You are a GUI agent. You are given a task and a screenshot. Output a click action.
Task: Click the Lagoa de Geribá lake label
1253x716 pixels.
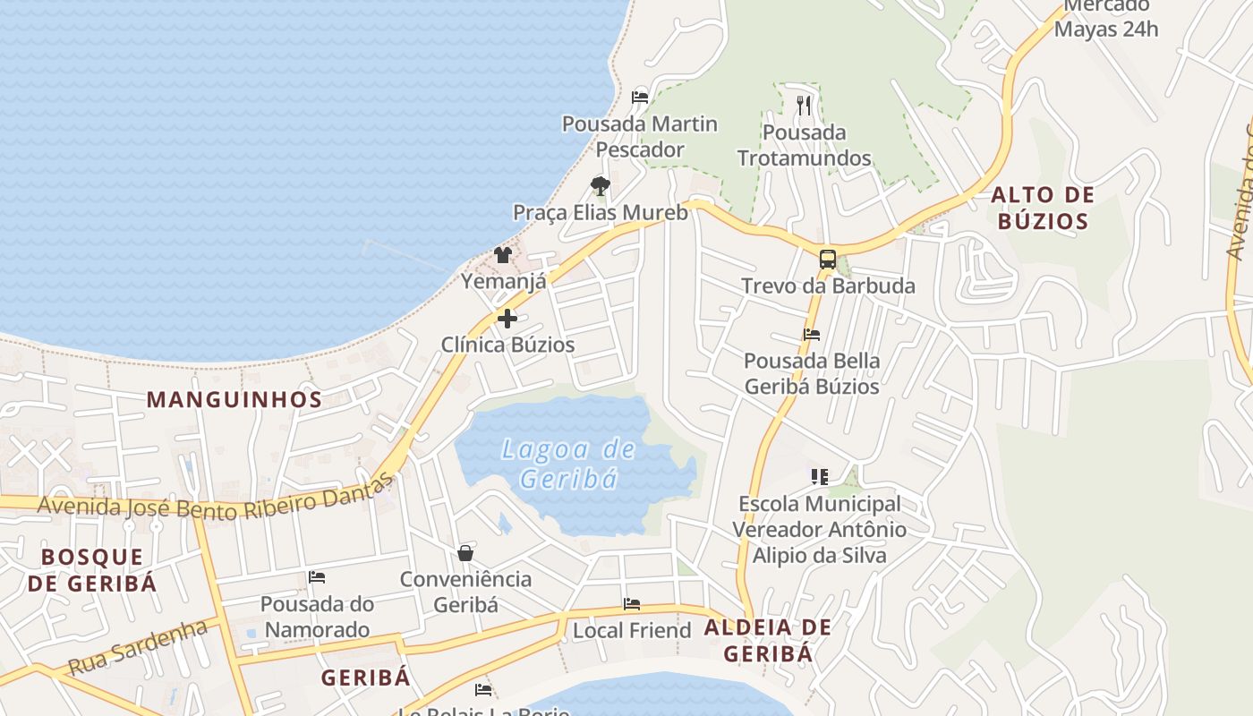(x=568, y=464)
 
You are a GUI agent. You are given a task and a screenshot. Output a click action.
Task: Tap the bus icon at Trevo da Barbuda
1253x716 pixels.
(x=828, y=260)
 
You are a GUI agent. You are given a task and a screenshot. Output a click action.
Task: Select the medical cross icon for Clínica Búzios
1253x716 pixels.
(x=507, y=319)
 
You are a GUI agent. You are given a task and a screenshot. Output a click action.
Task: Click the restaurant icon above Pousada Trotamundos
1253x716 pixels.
(x=804, y=106)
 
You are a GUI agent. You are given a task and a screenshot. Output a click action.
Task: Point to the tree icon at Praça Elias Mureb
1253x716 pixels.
(x=600, y=186)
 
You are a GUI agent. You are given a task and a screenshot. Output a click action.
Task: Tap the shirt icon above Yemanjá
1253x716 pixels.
(x=503, y=255)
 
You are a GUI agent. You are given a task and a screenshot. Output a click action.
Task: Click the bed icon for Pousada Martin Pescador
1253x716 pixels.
(x=640, y=97)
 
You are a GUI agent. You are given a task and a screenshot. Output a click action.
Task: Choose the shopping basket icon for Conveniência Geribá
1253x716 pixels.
(x=465, y=553)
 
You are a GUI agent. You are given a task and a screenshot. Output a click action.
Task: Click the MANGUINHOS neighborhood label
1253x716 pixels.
(x=234, y=400)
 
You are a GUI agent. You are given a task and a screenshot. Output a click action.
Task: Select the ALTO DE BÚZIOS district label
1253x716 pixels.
(x=1043, y=208)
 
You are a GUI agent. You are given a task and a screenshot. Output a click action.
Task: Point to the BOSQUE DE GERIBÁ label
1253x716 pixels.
(x=92, y=570)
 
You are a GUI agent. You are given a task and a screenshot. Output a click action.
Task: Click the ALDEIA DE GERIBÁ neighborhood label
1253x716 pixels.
(x=768, y=640)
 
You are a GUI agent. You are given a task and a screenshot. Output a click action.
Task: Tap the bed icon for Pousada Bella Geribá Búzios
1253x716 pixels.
(x=812, y=335)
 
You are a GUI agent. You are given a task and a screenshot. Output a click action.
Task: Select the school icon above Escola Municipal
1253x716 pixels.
(x=819, y=477)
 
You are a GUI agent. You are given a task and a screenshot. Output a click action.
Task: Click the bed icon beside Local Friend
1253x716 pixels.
(x=632, y=604)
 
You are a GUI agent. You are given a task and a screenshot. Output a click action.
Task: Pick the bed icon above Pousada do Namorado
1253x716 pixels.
(x=317, y=577)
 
